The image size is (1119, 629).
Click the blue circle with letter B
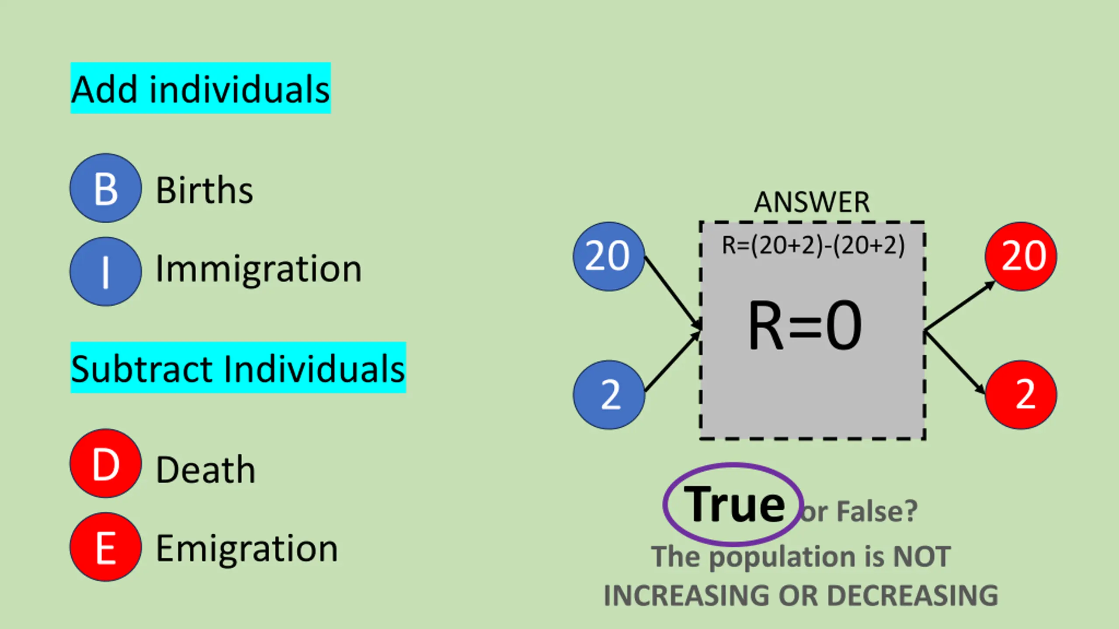coord(106,188)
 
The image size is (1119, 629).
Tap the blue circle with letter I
coord(106,272)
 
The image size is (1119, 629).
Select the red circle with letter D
coord(106,463)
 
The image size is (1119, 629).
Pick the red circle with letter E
coord(106,547)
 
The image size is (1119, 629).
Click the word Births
coord(205,190)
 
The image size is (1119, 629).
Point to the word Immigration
coord(259,269)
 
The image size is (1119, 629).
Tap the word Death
coord(205,470)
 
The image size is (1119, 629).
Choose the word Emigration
coord(247,549)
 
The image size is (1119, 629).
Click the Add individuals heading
coord(201,89)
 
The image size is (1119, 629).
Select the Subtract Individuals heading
coord(238,368)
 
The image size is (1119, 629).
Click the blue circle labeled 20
coord(608,256)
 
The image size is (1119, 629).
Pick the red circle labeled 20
coord(1021,256)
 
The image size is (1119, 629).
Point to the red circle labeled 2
coord(1021,394)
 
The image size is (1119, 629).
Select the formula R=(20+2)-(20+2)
coord(813,245)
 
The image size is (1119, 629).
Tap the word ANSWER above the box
coord(812,202)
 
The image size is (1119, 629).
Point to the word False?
coord(877,511)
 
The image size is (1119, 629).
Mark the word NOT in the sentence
coord(922,557)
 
